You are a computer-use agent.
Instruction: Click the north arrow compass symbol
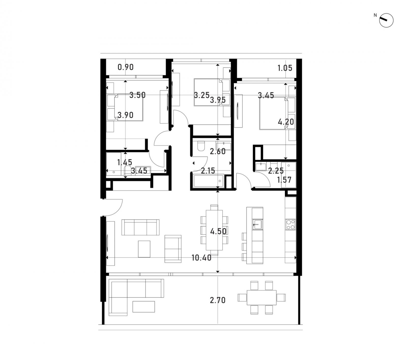386,20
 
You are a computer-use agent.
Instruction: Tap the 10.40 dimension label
201,258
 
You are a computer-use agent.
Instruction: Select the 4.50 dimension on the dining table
218,231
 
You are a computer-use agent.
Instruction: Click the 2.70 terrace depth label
218,300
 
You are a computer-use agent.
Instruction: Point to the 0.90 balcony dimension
126,67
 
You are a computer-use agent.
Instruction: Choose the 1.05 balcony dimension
285,68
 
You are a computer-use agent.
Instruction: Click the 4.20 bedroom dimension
286,122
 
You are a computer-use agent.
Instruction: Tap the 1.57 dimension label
284,180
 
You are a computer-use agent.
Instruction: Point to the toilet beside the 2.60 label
201,146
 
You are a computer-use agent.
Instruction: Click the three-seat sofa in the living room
140,227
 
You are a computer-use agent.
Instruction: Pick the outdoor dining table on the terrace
261,297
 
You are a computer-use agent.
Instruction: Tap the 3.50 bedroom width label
137,95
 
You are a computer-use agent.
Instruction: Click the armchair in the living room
173,249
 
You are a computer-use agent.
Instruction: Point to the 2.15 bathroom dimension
208,171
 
